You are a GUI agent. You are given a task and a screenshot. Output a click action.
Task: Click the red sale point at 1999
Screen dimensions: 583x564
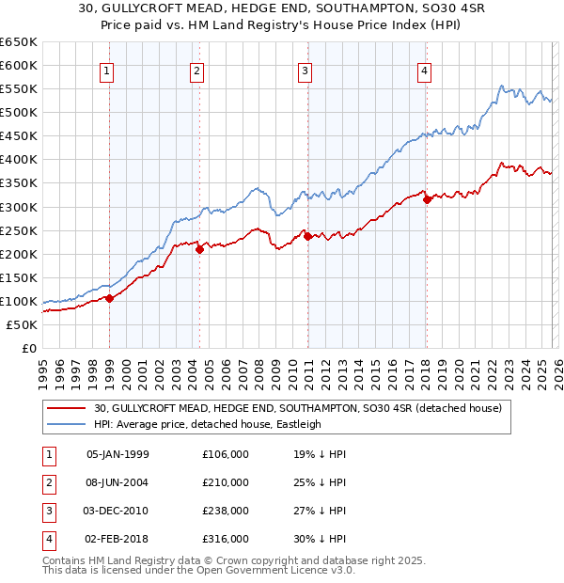pos(109,298)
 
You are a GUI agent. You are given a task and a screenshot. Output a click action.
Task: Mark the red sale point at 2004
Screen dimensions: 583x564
pos(199,248)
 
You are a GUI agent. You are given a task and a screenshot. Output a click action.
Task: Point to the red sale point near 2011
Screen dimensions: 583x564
pos(307,235)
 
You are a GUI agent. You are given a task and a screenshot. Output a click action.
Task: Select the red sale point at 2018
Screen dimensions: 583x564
pos(427,198)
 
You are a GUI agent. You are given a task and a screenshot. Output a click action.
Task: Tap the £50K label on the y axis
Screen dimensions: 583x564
pos(22,324)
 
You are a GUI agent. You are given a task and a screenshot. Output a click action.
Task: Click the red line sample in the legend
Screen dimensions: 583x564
pos(68,408)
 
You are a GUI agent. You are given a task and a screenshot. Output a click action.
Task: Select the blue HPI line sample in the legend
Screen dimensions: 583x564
pos(68,424)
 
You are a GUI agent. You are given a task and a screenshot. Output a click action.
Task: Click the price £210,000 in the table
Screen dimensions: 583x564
pos(226,482)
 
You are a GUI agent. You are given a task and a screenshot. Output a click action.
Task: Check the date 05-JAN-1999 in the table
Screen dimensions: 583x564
pos(117,454)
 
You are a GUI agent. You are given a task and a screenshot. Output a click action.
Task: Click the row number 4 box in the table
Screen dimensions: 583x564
pos(48,539)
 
